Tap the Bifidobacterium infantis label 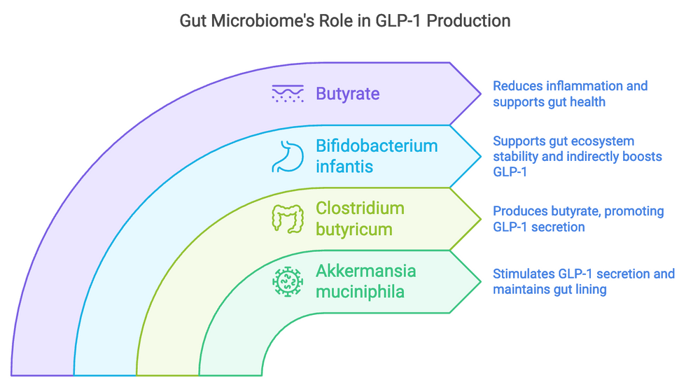coord(377,156)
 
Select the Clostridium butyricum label coord(360,218)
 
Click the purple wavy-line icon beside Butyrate coord(287,94)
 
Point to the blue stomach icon coord(287,156)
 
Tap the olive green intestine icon coord(287,218)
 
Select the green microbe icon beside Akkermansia coord(287,281)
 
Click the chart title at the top coord(345,21)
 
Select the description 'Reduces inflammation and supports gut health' coord(570,94)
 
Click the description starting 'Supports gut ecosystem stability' coord(577,156)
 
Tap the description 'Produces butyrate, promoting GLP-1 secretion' coord(578,218)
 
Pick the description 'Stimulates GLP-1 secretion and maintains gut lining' coord(583,281)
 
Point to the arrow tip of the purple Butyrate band coord(480,94)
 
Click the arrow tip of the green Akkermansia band coord(480,281)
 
